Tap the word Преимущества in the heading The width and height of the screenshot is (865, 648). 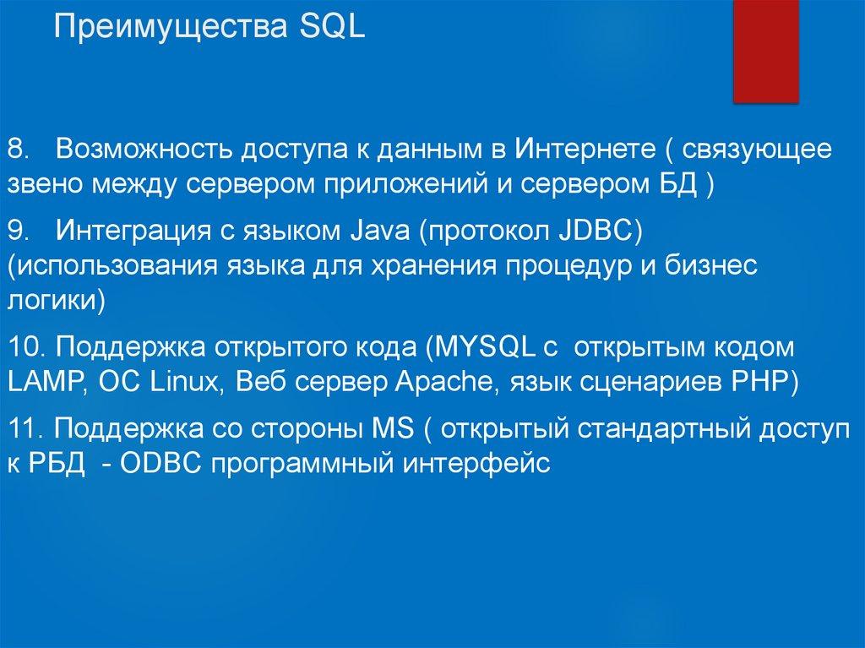(172, 28)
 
